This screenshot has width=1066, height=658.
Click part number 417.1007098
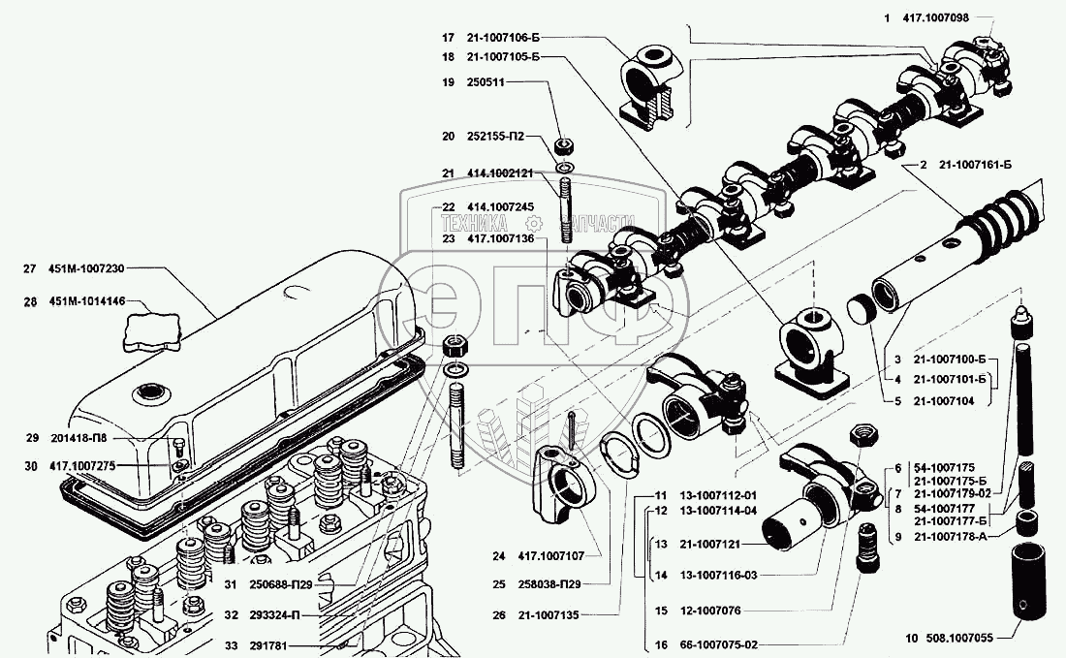point(936,18)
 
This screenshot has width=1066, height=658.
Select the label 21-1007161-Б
point(975,165)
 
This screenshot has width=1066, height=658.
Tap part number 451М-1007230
point(85,269)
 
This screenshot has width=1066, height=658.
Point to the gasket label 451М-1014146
point(86,301)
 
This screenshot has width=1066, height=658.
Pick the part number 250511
point(486,82)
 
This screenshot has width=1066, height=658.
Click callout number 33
point(232,645)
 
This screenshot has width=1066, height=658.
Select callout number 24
point(499,556)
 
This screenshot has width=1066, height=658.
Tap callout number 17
point(448,38)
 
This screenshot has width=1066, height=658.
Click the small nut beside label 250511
point(563,146)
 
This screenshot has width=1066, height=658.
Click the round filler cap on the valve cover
point(148,392)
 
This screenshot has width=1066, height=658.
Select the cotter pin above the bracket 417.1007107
point(573,429)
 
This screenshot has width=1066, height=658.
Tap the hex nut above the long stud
point(455,346)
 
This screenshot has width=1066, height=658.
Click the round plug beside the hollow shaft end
point(862,310)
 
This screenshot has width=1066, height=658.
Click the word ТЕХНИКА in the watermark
point(474,223)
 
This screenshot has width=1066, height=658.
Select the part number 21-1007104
point(943,402)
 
